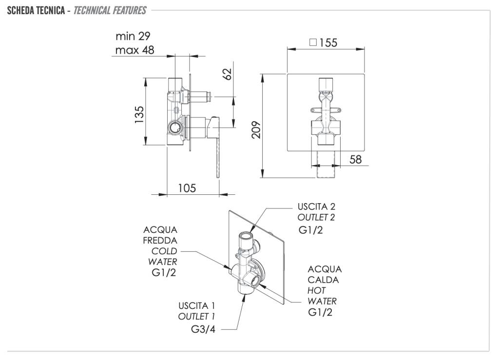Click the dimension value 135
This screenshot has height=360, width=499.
[x=139, y=115]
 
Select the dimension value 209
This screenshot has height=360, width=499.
[x=257, y=130]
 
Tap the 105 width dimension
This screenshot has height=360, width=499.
[x=186, y=188]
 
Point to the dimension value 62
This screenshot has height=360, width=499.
[x=227, y=74]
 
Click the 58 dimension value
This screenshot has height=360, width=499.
[x=356, y=159]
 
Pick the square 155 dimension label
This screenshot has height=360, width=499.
[x=323, y=42]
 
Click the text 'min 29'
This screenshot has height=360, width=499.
[x=133, y=36]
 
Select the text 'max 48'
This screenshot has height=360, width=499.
[x=135, y=50]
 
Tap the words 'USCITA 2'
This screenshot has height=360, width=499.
[x=316, y=207]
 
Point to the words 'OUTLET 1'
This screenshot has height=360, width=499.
[x=196, y=316]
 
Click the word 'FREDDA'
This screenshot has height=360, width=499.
[x=160, y=240]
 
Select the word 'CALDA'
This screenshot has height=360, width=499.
[x=323, y=280]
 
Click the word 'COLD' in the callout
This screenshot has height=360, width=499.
[x=164, y=251]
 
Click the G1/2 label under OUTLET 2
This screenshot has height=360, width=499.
[x=311, y=229]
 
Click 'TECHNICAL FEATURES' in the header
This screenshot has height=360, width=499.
[x=110, y=10]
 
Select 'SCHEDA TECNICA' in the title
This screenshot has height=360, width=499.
[x=36, y=10]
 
